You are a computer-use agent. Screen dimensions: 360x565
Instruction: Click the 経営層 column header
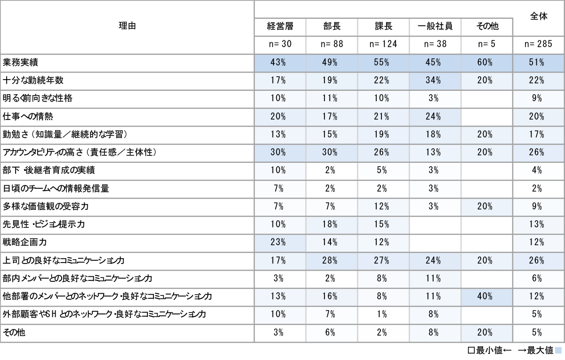click(x=280, y=26)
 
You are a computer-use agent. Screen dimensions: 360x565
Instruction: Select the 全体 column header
click(x=539, y=16)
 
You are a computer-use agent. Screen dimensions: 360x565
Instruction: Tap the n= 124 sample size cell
click(x=383, y=44)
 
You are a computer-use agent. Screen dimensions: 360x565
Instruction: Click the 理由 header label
click(x=127, y=26)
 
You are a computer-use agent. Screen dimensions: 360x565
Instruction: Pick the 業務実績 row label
click(x=21, y=62)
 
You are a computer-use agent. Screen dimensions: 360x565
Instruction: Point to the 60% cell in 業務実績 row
click(x=487, y=62)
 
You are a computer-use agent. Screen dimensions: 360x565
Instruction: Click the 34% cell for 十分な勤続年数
click(x=435, y=80)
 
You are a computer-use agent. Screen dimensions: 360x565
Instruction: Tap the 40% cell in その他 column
click(x=487, y=296)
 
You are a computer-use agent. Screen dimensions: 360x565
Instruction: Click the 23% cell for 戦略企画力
click(x=280, y=242)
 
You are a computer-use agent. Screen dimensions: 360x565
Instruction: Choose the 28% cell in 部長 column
click(x=332, y=260)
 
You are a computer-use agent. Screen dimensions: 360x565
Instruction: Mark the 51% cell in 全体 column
click(x=539, y=62)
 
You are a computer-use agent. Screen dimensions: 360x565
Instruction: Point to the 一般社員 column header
click(x=435, y=26)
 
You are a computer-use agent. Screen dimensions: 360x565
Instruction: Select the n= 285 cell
click(x=539, y=44)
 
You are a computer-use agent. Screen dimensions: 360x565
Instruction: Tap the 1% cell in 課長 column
click(x=383, y=314)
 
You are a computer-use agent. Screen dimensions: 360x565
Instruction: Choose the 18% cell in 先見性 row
click(x=332, y=224)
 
